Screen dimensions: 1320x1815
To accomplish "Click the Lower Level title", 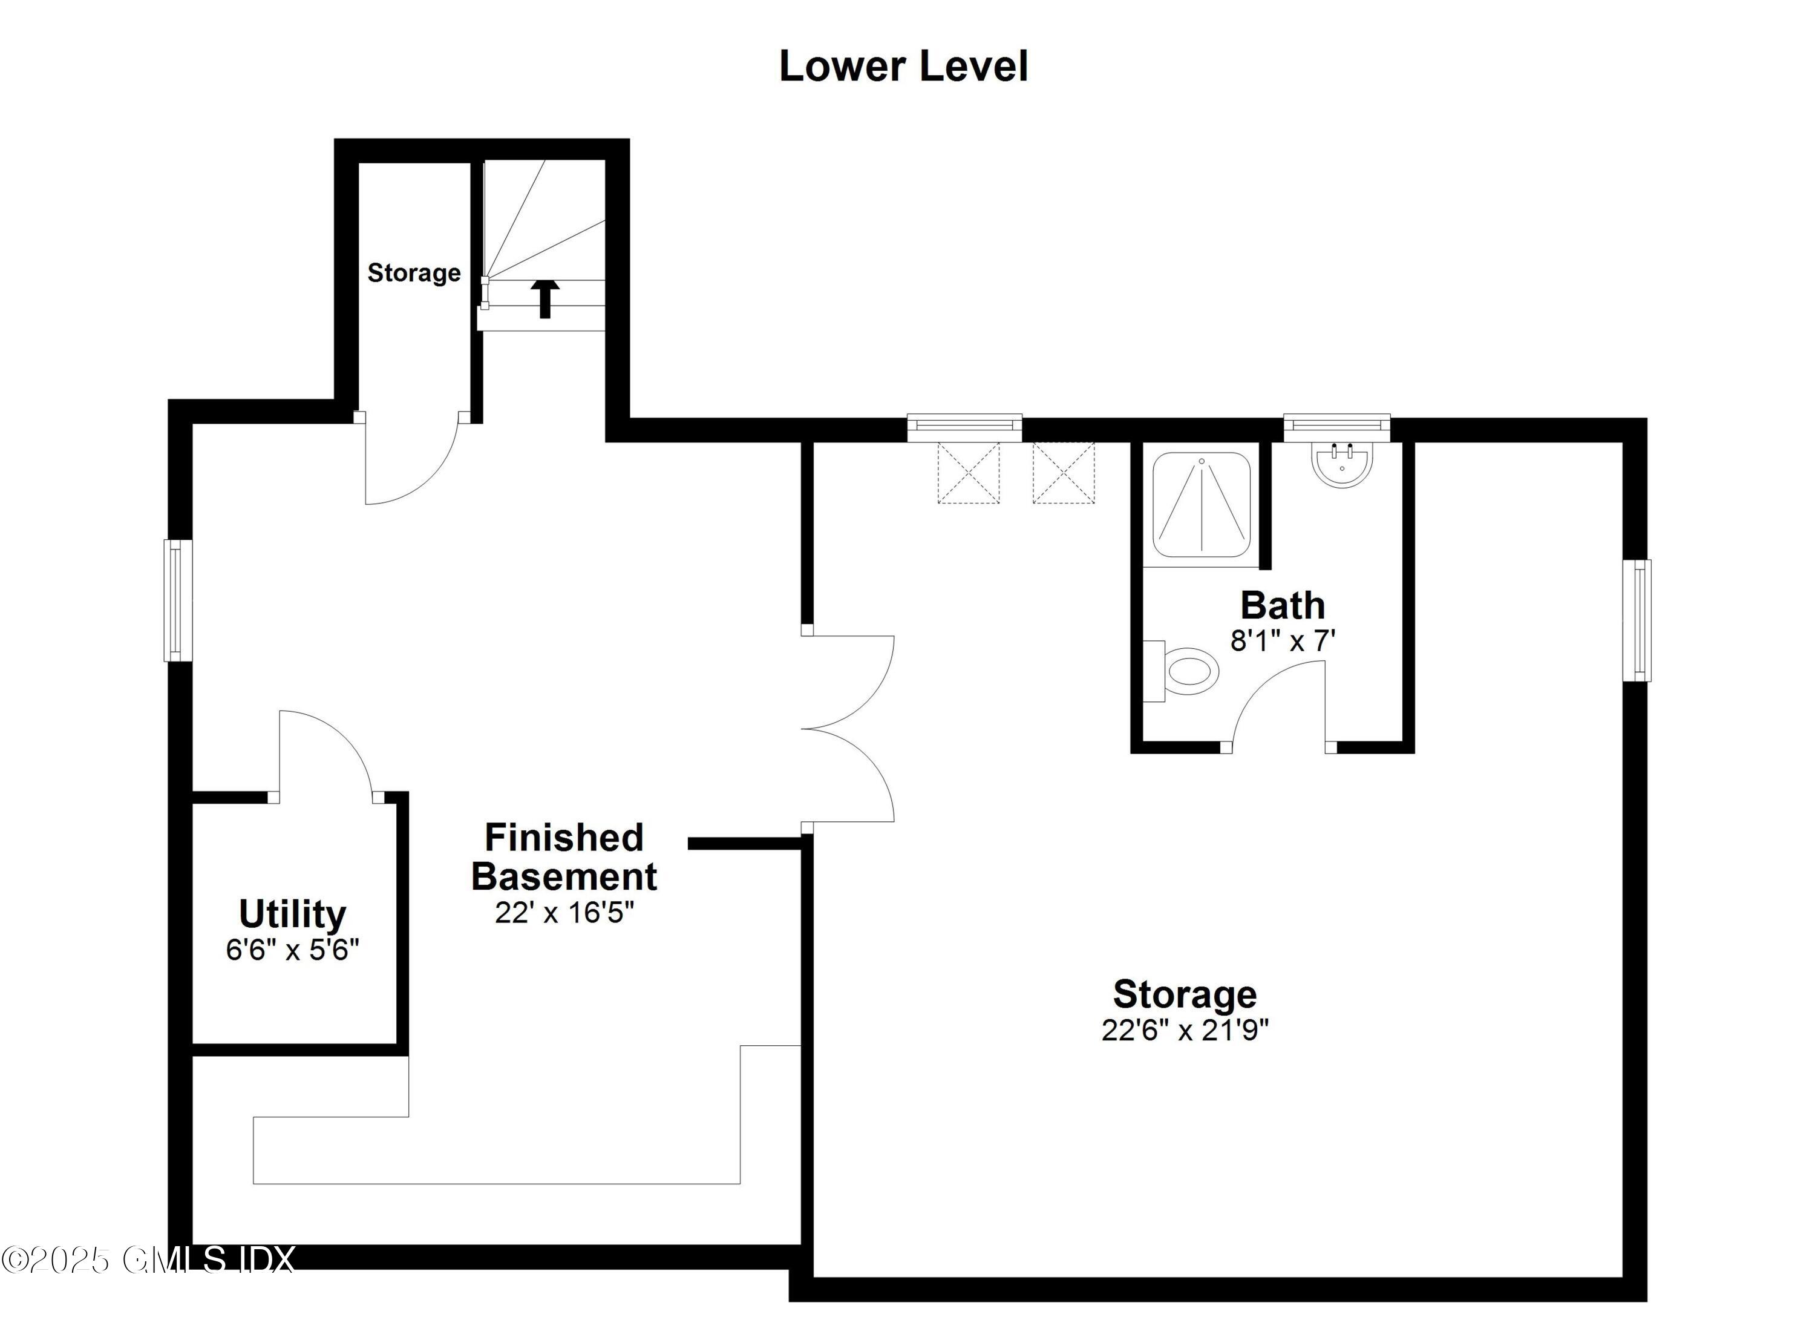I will click(903, 67).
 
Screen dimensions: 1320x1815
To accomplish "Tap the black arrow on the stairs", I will click(545, 298).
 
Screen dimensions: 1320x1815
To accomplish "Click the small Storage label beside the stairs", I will click(414, 273).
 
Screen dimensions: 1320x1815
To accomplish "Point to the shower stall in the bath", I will click(1201, 504).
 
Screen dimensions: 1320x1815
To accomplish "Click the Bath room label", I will click(1282, 605).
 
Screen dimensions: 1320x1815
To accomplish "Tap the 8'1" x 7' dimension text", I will click(1282, 641).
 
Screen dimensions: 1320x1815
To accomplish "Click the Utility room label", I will click(292, 913).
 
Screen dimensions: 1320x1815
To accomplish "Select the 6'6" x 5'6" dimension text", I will click(292, 950).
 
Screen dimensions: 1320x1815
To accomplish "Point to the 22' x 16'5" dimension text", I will click(564, 913).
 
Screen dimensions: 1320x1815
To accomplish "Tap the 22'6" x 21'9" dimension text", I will click(1185, 1030).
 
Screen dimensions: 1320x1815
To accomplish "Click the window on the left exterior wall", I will click(178, 600).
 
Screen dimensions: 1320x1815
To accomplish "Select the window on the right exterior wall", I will click(1637, 620).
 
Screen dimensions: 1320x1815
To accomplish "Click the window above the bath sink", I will click(1336, 427).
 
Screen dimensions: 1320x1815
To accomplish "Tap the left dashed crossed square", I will click(969, 473).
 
